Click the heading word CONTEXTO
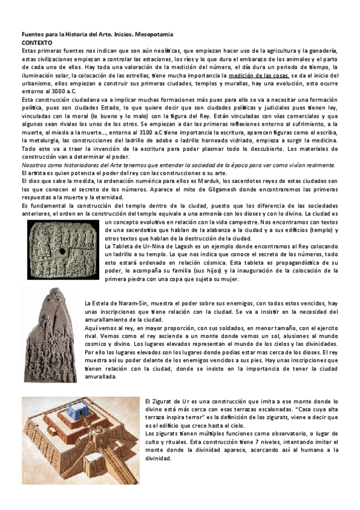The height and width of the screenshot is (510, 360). pyautogui.click(x=36, y=44)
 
